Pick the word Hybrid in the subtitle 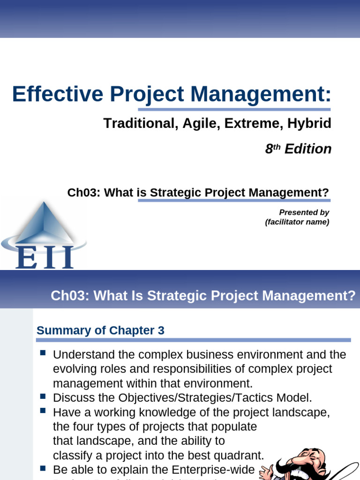click(x=310, y=123)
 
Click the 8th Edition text click(x=298, y=149)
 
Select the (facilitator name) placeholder click(x=297, y=222)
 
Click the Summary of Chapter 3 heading click(x=100, y=330)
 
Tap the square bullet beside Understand click(x=43, y=352)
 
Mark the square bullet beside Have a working click(x=43, y=411)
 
